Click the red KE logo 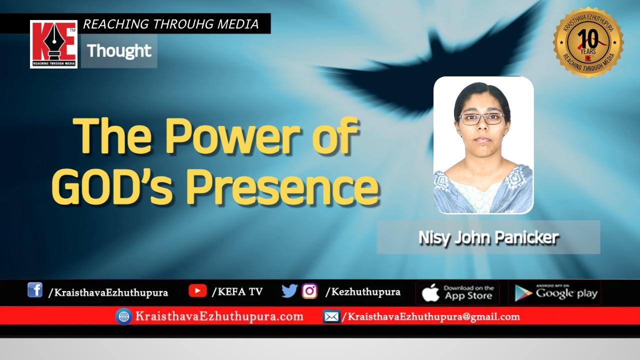click(53, 44)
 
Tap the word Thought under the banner click(119, 51)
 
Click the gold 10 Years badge click(588, 42)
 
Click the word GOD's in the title click(112, 186)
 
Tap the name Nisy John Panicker click(488, 237)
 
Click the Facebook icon click(35, 290)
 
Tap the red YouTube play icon click(197, 290)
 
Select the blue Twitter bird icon click(289, 291)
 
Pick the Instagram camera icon click(309, 291)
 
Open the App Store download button click(457, 292)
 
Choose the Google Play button click(555, 292)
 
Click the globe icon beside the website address click(123, 316)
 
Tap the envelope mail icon click(331, 317)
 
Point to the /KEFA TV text click(237, 291)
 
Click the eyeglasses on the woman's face click(481, 119)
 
